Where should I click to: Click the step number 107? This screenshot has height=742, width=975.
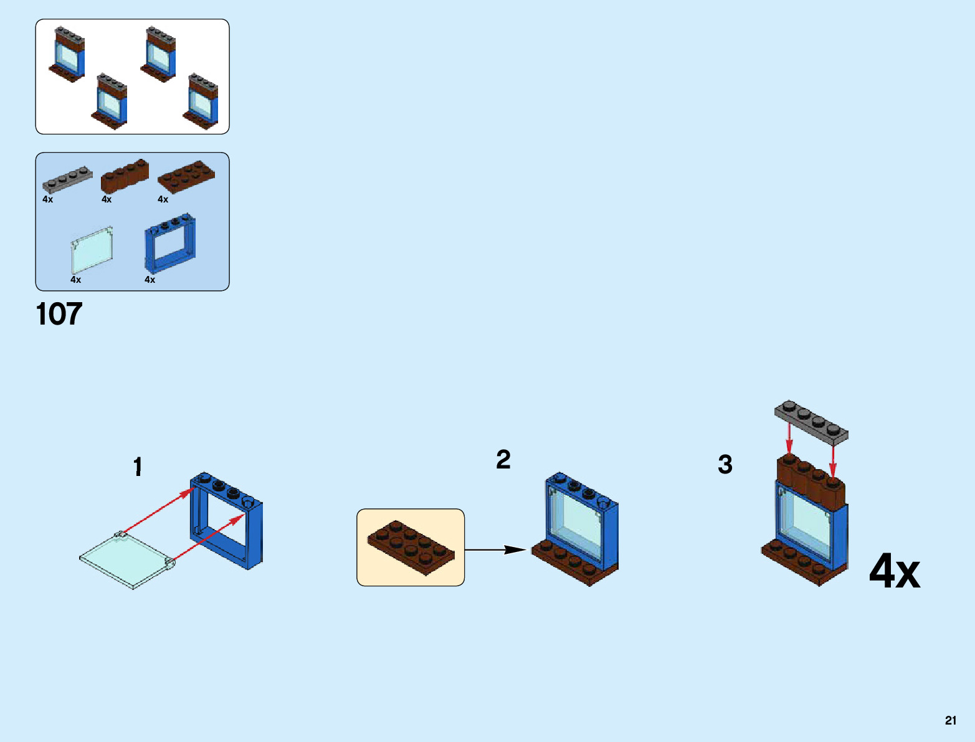59,314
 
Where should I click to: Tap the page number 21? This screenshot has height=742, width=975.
950,720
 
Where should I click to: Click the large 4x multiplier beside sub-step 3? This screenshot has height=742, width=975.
894,571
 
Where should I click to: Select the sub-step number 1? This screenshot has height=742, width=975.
138,467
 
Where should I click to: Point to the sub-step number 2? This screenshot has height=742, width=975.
503,460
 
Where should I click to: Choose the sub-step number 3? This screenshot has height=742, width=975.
725,465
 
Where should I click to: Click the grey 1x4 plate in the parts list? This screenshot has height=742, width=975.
67,179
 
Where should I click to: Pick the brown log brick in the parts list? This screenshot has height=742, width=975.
125,176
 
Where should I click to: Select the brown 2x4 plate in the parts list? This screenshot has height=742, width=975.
186,176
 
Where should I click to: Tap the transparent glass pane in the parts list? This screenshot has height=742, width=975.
92,250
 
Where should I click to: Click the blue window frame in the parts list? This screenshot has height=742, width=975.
169,244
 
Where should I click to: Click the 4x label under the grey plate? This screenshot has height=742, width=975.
48,199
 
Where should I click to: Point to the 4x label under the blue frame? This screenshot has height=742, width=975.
150,280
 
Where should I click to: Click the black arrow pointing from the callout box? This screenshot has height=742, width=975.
496,549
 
